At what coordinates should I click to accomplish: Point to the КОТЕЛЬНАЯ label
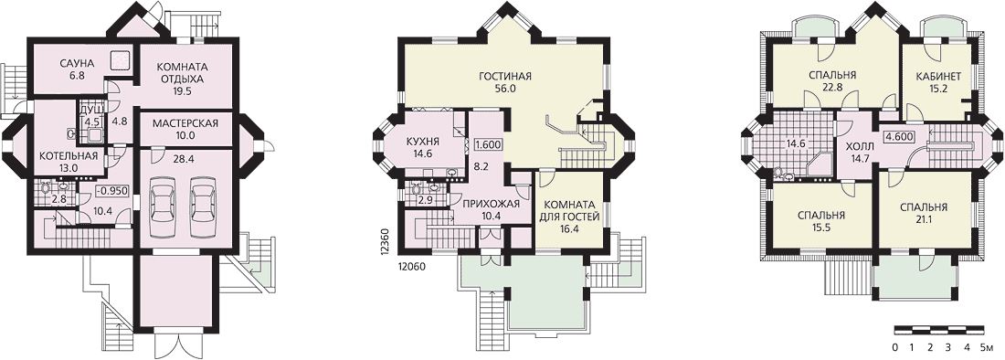click(x=68, y=155)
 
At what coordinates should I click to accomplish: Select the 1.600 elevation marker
click(x=488, y=144)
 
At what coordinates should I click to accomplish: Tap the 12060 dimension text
click(x=413, y=265)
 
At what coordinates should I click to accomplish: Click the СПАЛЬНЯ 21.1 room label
click(x=924, y=214)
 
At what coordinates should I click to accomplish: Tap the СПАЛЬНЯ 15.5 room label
click(x=821, y=222)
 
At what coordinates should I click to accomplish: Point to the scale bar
click(x=939, y=330)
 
